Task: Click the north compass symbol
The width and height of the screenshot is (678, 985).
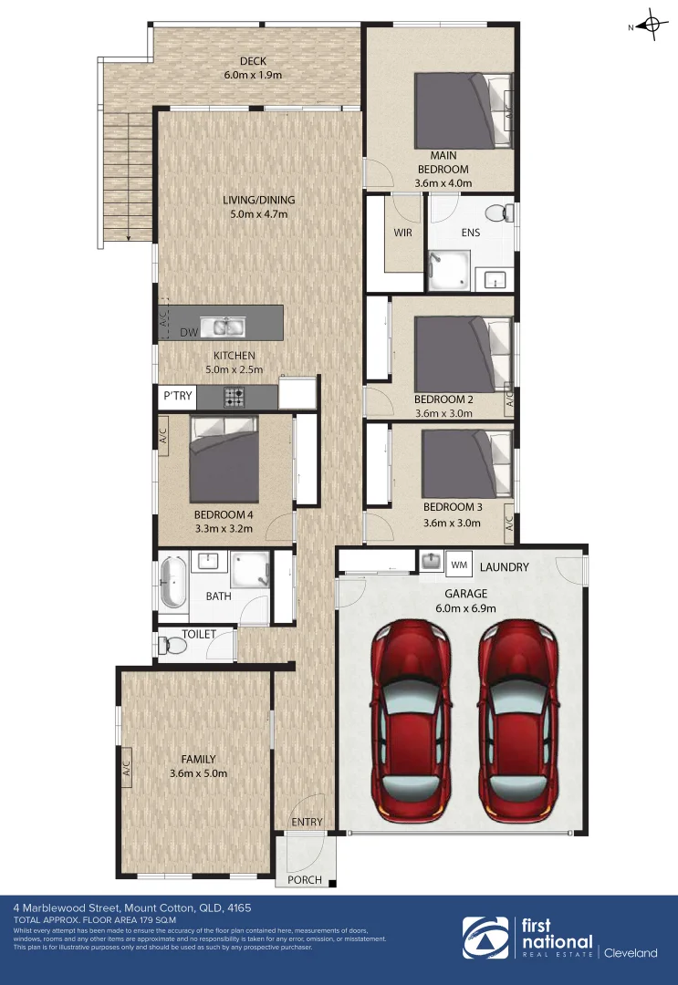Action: pyautogui.click(x=652, y=26)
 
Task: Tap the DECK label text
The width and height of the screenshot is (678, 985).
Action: pyautogui.click(x=253, y=61)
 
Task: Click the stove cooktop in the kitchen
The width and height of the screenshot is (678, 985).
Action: pyautogui.click(x=235, y=397)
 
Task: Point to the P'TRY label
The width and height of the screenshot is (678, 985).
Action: pyautogui.click(x=177, y=397)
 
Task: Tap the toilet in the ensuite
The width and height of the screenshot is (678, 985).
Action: pyautogui.click(x=497, y=213)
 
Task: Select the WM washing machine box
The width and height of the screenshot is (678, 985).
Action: pyautogui.click(x=459, y=566)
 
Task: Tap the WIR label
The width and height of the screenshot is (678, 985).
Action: pyautogui.click(x=402, y=233)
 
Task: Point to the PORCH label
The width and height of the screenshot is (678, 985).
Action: pyautogui.click(x=305, y=880)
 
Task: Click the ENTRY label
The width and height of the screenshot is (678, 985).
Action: pyautogui.click(x=308, y=822)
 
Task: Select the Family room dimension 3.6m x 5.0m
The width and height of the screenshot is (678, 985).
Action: pyautogui.click(x=198, y=773)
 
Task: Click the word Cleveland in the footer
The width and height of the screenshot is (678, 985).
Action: pyautogui.click(x=631, y=953)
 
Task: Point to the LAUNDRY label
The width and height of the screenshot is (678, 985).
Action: pyautogui.click(x=504, y=567)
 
